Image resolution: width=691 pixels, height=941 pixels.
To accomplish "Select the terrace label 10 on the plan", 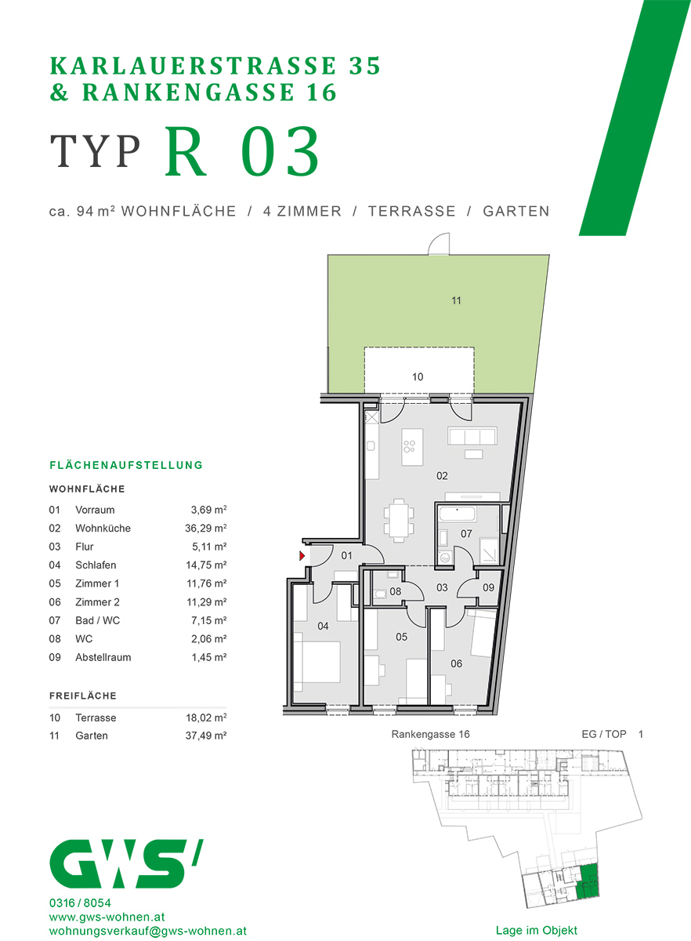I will [418, 377].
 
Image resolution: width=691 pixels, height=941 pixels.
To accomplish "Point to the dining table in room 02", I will [400, 519].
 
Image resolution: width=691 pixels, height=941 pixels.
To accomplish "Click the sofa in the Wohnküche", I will [472, 437].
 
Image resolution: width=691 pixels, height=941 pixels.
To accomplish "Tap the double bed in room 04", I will [317, 663].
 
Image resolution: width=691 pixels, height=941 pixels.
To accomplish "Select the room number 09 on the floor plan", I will [488, 587].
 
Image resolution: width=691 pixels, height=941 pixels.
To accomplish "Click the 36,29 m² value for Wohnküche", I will [201, 529].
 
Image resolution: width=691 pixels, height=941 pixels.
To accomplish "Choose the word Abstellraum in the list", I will [103, 658].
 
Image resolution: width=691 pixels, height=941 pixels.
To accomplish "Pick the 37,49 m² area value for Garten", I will [201, 736].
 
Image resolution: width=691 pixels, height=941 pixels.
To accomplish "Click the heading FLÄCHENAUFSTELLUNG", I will [126, 465].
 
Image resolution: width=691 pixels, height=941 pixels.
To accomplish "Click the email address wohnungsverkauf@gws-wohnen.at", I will [147, 931].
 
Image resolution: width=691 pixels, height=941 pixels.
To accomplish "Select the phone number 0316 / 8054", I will [79, 903].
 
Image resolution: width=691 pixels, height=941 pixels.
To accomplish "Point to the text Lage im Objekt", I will [536, 931].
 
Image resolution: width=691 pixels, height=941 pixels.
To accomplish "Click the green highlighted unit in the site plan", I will [588, 880].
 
